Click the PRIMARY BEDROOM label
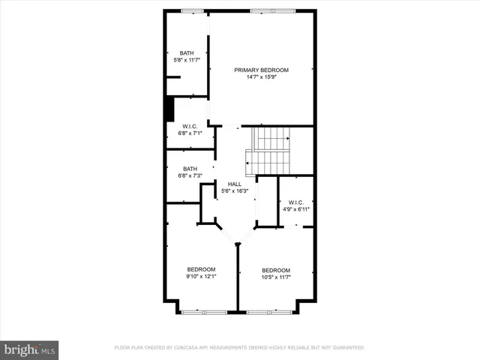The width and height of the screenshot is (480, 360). (x=261, y=70)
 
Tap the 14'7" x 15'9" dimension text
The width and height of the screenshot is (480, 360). (x=261, y=76)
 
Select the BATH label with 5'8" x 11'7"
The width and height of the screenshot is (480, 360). (x=186, y=52)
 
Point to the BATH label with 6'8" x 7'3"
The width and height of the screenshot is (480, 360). (x=190, y=169)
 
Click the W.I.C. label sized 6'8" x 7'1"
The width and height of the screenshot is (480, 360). (x=190, y=126)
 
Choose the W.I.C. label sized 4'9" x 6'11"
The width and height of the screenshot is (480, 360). (x=295, y=202)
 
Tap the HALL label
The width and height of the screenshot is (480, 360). (x=235, y=184)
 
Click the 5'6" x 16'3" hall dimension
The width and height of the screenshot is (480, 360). (x=235, y=190)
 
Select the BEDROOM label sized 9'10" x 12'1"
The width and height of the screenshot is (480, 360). (x=201, y=269)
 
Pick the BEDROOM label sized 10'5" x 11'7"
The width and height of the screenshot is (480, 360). (x=276, y=270)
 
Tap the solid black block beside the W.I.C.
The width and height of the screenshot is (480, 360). (x=169, y=109)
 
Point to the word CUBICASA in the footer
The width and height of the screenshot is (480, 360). (x=192, y=348)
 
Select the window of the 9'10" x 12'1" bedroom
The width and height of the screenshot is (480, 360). (x=204, y=311)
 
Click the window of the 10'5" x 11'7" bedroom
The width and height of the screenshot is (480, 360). (x=271, y=311)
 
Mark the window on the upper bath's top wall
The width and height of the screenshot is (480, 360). (x=192, y=10)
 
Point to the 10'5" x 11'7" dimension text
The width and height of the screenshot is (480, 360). (x=276, y=277)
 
